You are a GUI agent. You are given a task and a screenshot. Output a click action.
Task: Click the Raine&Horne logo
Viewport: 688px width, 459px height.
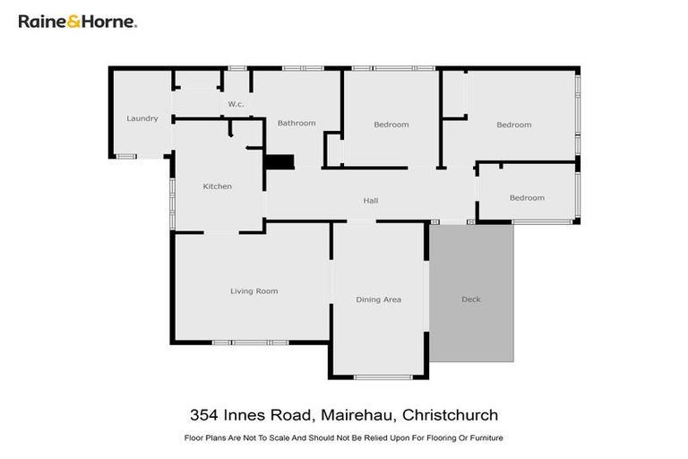coord(78,22)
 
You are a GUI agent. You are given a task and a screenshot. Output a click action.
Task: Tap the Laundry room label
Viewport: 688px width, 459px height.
coord(142,118)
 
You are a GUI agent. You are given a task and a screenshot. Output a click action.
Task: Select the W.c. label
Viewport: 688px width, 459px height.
coord(236,104)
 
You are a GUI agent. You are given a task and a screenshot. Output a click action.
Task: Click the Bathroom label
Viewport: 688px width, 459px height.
coord(296,123)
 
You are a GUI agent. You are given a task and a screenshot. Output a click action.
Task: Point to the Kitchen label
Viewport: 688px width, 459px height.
coord(217,186)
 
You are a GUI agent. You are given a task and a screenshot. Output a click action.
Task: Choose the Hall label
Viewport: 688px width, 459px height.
coord(370,200)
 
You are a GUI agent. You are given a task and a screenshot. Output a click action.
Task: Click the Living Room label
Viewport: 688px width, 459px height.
coord(254,290)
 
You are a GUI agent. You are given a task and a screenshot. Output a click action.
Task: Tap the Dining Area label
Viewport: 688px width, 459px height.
coord(378,299)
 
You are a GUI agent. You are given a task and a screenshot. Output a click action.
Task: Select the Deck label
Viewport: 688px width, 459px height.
coord(471,299)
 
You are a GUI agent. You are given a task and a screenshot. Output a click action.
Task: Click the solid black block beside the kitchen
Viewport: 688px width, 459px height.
coord(279,161)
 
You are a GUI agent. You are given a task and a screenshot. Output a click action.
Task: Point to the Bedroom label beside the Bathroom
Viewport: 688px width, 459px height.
coord(391,125)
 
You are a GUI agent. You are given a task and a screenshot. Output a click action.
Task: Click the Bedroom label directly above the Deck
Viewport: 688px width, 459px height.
coord(527,197)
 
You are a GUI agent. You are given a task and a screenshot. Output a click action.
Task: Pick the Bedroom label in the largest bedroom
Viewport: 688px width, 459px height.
coord(513,125)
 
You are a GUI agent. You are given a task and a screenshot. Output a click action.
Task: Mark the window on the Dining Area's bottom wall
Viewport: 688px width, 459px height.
coord(383,377)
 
